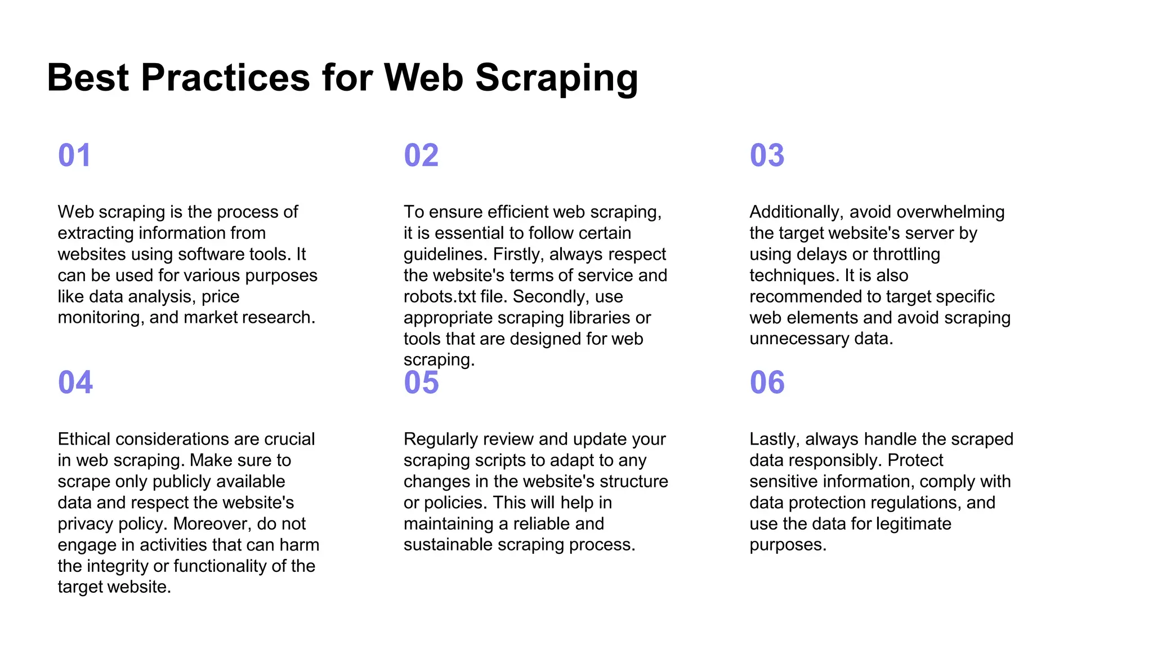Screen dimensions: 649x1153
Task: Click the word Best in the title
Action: (88, 77)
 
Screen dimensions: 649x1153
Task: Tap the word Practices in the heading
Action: (225, 77)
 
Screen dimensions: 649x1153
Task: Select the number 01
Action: (74, 155)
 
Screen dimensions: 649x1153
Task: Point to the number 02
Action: (421, 155)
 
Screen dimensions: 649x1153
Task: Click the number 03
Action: (767, 155)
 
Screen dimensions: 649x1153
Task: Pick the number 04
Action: (75, 383)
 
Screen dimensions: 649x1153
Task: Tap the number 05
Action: (421, 383)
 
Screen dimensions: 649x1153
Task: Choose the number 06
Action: (767, 383)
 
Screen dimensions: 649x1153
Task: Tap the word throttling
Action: (906, 255)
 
